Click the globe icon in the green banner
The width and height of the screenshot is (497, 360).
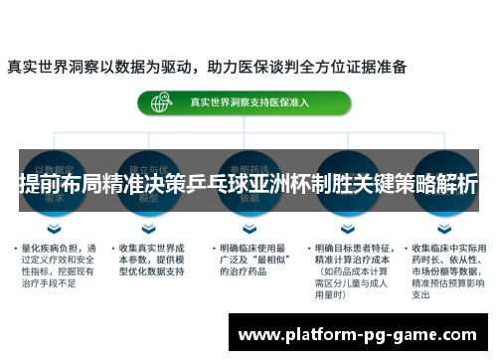coord(158,102)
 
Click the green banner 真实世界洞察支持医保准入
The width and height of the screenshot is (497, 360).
coord(244,102)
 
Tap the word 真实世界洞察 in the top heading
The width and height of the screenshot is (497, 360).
coord(51,68)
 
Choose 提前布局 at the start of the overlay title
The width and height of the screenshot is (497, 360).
coord(53,183)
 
